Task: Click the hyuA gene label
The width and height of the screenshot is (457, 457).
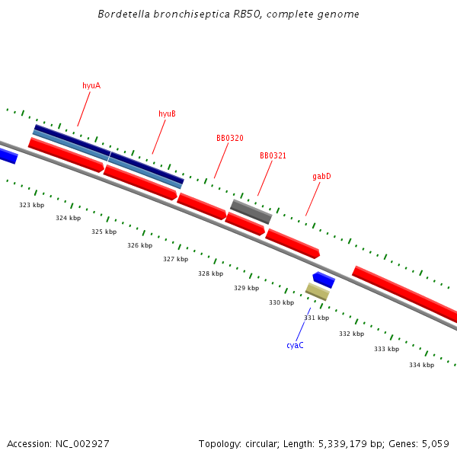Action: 91,85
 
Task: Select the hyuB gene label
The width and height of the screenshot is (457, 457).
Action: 167,113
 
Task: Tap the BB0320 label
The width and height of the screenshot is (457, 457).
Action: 229,138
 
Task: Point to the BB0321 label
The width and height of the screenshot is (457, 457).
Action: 273,155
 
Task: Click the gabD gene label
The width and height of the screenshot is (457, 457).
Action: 321,176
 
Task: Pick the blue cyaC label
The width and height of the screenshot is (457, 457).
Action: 295,345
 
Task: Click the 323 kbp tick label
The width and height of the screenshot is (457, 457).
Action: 32,205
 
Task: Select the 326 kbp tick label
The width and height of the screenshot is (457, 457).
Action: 139,245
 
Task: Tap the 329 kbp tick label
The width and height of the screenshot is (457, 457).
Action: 246,288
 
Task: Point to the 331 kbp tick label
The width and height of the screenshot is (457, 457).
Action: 316,318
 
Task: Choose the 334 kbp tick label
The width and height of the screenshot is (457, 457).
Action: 421,365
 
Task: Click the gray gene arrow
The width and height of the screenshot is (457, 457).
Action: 251,212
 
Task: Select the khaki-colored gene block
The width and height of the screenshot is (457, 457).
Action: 317,292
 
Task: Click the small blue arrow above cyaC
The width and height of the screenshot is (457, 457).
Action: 324,280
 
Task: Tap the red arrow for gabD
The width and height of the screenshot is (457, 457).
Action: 292,243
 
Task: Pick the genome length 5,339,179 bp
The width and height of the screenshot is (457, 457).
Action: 349,443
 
